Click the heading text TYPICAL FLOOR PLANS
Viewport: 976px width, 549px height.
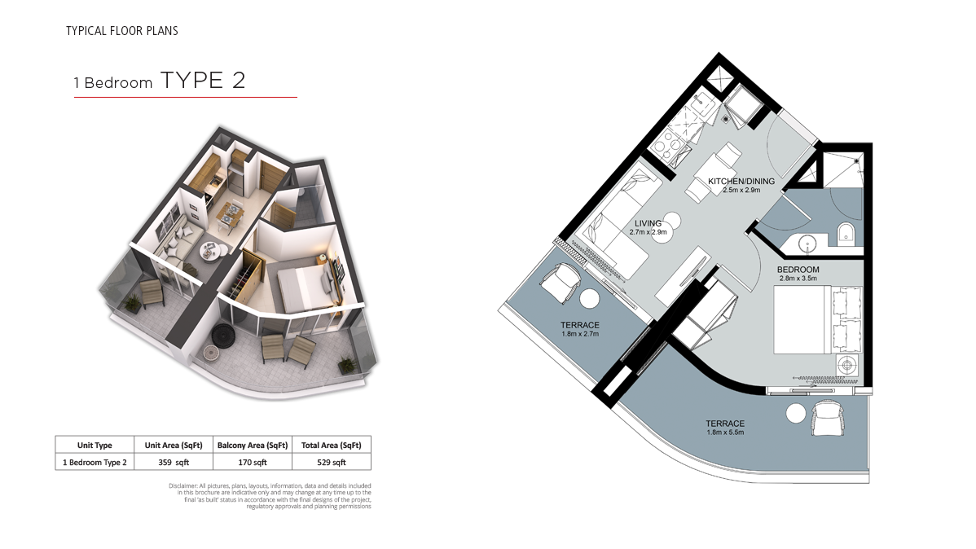[122, 30]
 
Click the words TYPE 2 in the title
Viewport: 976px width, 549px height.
[203, 81]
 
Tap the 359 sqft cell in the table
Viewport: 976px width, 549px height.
[174, 463]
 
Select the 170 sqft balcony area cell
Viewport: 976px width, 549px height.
[253, 463]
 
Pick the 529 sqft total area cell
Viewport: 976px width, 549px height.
[331, 463]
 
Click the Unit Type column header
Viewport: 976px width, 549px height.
[95, 445]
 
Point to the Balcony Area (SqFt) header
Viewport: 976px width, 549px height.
[253, 445]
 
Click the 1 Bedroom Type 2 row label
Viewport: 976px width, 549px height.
[95, 463]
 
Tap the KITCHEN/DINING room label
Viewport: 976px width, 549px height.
[741, 181]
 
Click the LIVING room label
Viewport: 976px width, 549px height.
[648, 223]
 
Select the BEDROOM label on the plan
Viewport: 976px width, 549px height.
[798, 270]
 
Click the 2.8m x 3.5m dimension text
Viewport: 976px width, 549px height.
[798, 279]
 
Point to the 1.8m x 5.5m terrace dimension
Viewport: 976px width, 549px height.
[725, 432]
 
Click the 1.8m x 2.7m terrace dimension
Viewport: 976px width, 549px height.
[580, 334]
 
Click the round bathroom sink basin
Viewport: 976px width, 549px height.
[807, 244]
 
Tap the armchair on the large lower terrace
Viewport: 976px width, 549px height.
[828, 418]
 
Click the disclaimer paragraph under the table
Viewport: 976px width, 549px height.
[270, 496]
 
